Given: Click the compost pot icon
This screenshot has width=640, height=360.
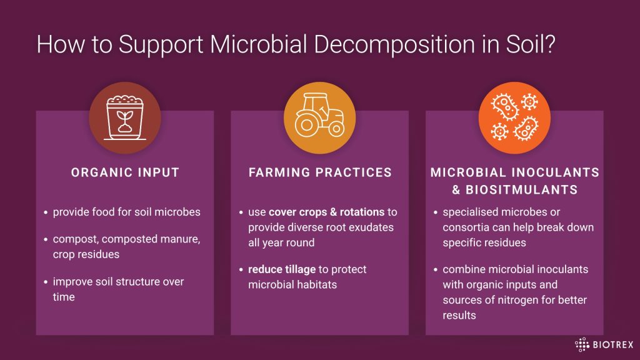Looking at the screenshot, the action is [x=125, y=117].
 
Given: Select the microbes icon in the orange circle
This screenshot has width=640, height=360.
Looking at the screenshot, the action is [x=514, y=117].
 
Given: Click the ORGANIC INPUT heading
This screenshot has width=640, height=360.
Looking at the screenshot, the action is [x=125, y=172].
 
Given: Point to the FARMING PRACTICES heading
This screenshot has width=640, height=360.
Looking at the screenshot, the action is [x=320, y=172].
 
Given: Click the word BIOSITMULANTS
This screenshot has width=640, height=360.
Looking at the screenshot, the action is [x=522, y=190].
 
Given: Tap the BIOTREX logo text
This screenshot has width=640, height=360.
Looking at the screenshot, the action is [x=612, y=344].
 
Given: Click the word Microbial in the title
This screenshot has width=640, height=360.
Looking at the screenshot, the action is [x=258, y=44].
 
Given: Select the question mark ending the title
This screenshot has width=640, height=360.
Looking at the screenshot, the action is [x=549, y=44].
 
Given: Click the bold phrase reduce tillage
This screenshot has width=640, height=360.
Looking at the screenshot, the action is [x=282, y=269].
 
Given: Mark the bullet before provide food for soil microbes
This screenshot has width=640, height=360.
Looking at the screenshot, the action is [x=46, y=212].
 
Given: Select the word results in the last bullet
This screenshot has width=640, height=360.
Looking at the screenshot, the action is [x=459, y=315].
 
